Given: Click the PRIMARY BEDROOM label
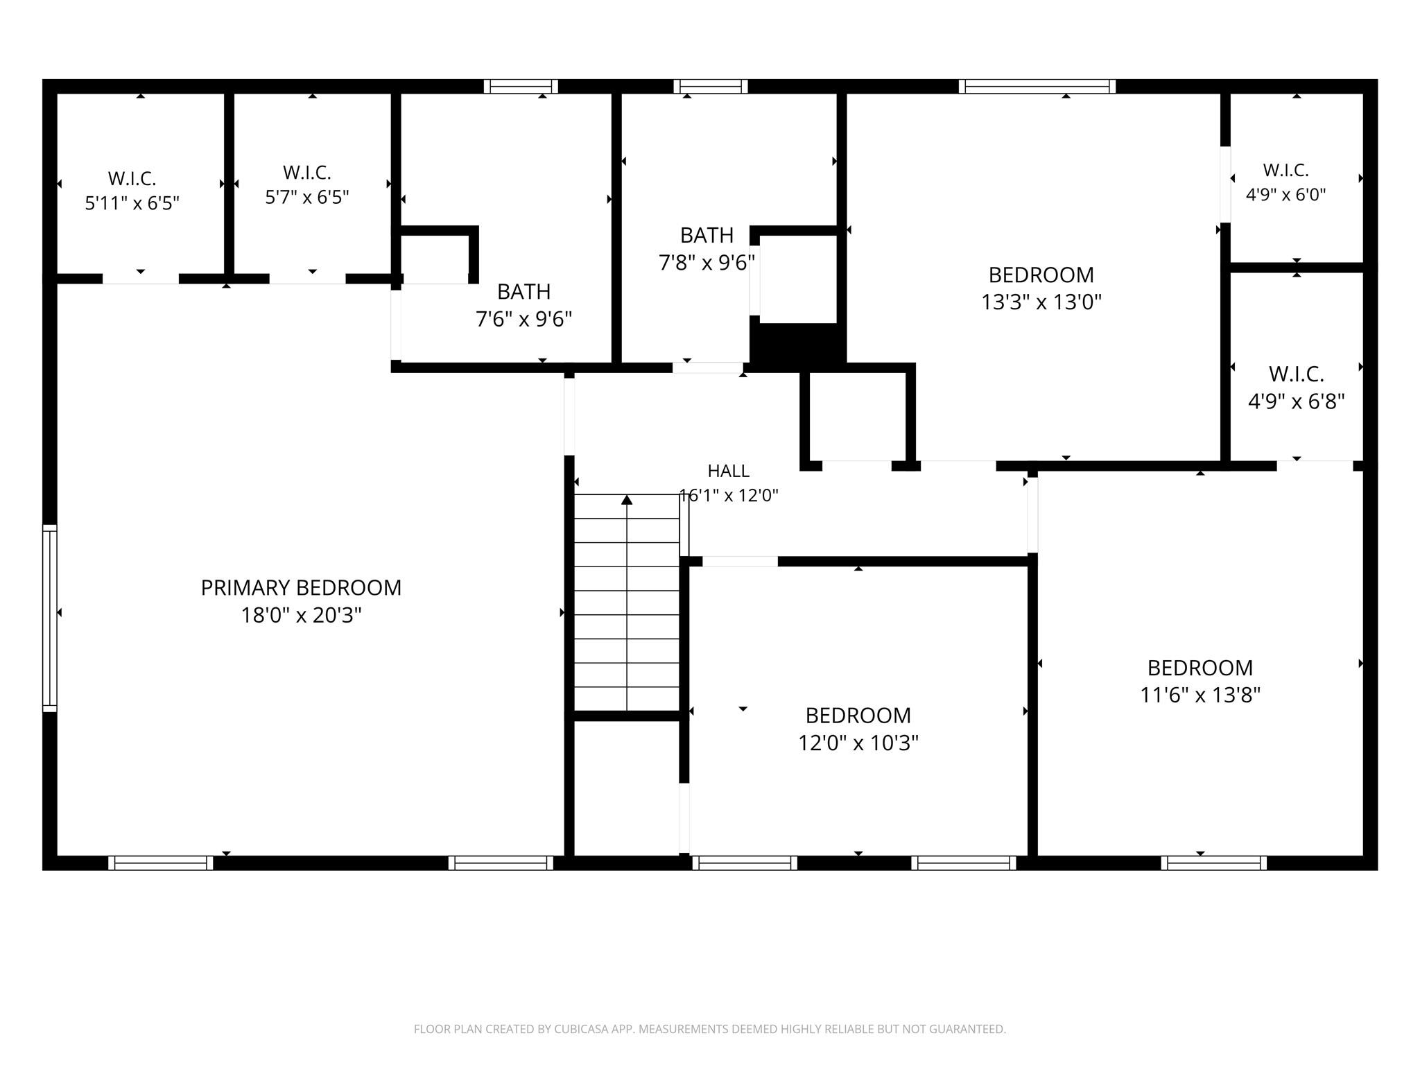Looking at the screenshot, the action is (x=301, y=588).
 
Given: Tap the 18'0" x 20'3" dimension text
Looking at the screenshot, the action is (x=301, y=615).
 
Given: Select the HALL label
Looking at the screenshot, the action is (x=728, y=471).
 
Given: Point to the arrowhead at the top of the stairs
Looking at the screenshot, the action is (x=627, y=499).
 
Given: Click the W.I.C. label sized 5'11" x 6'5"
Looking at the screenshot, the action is (x=132, y=178).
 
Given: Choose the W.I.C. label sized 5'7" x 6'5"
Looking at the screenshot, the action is (x=306, y=172).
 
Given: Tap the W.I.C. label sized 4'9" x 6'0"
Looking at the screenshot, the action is (x=1285, y=170).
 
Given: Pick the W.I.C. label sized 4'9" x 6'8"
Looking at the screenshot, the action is (x=1296, y=374).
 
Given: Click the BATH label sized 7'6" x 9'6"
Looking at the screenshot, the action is (x=523, y=291).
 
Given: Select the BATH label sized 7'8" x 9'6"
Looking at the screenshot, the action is (x=707, y=236).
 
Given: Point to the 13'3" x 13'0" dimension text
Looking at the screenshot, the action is (x=1041, y=302).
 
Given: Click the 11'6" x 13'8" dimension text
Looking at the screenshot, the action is (x=1200, y=695).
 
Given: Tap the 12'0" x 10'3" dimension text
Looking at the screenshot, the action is (x=858, y=743).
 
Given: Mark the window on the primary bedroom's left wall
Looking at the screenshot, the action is (x=49, y=618).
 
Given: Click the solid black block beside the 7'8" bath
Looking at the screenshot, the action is (x=798, y=343).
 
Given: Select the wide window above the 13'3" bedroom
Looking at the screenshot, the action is (x=1037, y=86).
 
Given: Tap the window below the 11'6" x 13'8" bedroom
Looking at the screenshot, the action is (x=1213, y=863).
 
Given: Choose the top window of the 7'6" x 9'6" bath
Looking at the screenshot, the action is (x=521, y=86).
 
